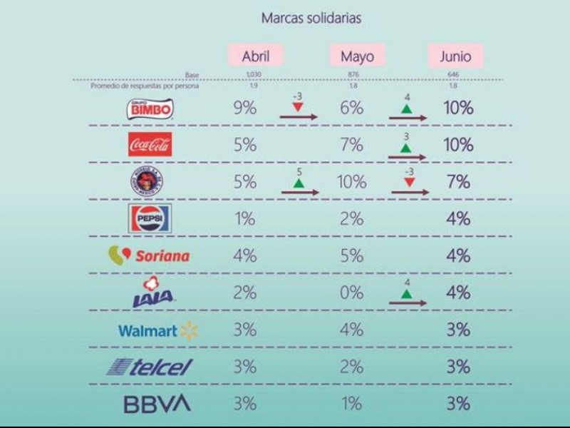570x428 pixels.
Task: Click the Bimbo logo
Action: click(x=150, y=108)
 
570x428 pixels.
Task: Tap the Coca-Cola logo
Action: click(x=150, y=145)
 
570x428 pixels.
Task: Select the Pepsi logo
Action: click(x=150, y=218)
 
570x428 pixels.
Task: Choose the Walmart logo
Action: click(x=157, y=330)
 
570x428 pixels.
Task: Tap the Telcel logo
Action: click(x=150, y=367)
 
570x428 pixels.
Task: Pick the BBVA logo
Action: click(x=157, y=404)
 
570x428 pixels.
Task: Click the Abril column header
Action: click(x=255, y=56)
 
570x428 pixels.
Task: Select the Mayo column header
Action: click(x=357, y=56)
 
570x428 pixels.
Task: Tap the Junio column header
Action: click(x=455, y=56)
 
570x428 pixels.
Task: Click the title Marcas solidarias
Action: click(x=311, y=18)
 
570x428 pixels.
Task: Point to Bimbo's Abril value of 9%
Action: click(x=244, y=108)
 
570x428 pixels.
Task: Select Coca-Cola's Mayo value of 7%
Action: click(x=352, y=145)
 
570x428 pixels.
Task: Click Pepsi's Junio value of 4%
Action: click(x=458, y=218)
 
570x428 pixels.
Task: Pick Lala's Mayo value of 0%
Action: click(x=352, y=292)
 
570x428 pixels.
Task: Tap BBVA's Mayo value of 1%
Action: click(x=352, y=404)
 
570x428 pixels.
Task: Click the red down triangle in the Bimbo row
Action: click(x=298, y=106)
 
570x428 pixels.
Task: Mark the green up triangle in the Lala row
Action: click(x=406, y=292)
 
